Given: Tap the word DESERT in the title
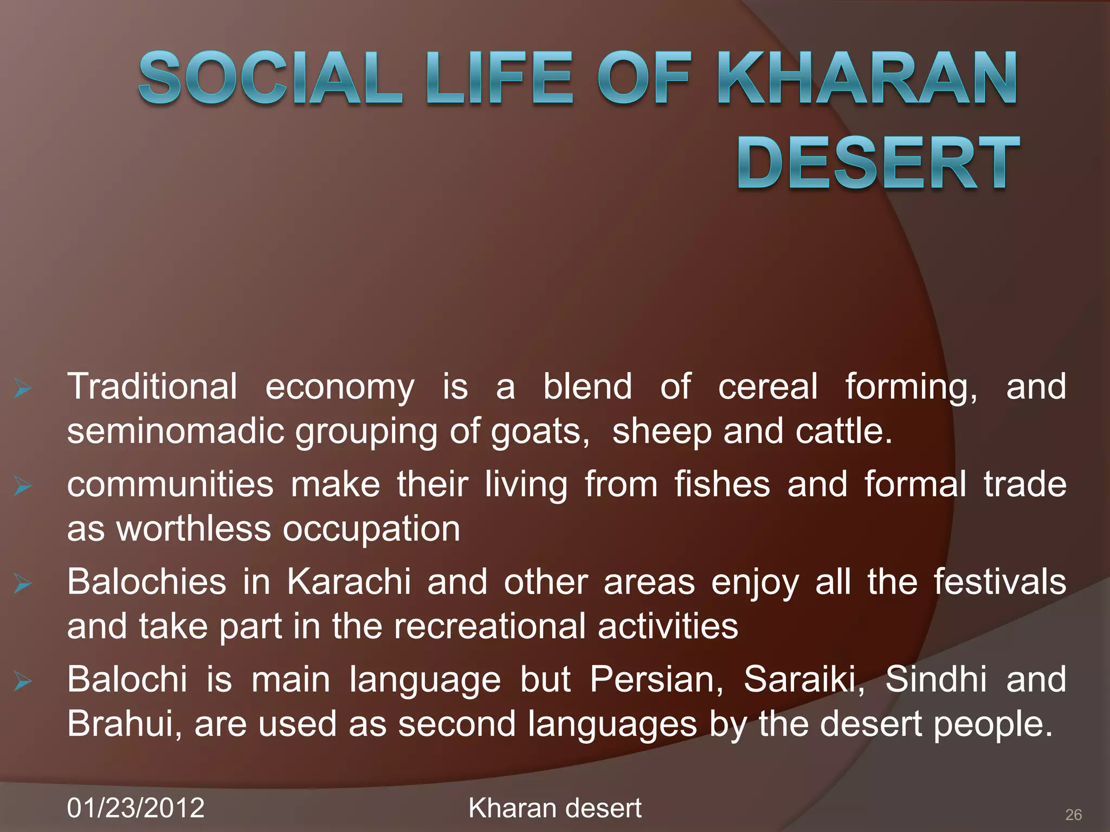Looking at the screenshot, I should coord(877,162).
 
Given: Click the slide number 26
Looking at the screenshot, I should coord(1073,814).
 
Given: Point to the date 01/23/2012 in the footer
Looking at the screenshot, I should coord(135,808).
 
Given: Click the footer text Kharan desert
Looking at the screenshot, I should coord(554,808).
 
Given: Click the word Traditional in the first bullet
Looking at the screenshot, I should coord(152,386).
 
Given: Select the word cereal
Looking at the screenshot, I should coord(767,386).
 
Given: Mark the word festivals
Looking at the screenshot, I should coord(999,582).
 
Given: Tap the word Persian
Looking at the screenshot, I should coord(656,679).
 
